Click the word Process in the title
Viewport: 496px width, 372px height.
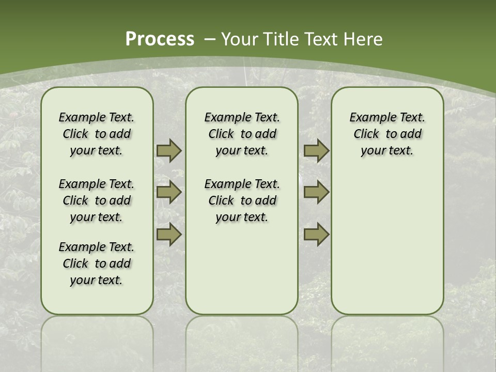pyautogui.click(x=160, y=39)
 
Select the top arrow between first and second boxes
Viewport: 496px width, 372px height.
pyautogui.click(x=169, y=150)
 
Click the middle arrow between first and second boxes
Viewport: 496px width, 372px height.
pyautogui.click(x=169, y=192)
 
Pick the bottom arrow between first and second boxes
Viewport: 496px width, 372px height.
pyautogui.click(x=169, y=234)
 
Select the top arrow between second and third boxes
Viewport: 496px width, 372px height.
pyautogui.click(x=316, y=150)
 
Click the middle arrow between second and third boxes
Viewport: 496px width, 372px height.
pyautogui.click(x=316, y=192)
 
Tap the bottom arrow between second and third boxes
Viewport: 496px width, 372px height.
pyautogui.click(x=316, y=234)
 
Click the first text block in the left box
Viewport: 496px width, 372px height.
pyautogui.click(x=97, y=134)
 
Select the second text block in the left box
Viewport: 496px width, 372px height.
pyautogui.click(x=97, y=200)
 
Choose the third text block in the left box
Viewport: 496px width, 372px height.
pyautogui.click(x=97, y=263)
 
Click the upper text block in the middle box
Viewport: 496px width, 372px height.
pyautogui.click(x=242, y=134)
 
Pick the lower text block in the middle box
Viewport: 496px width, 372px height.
pyautogui.click(x=242, y=200)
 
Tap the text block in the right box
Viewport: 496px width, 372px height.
pyautogui.click(x=387, y=134)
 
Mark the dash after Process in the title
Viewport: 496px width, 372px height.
pyautogui.click(x=210, y=39)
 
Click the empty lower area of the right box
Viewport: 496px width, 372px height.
pyautogui.click(x=387, y=238)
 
